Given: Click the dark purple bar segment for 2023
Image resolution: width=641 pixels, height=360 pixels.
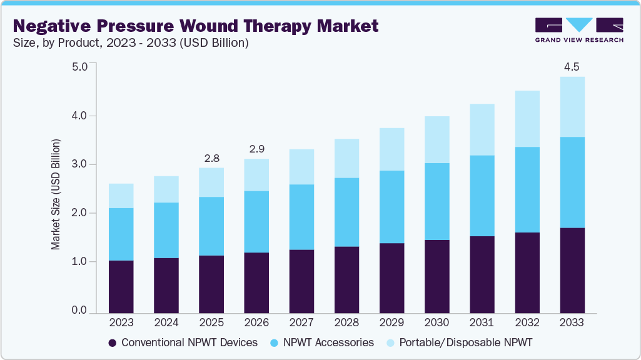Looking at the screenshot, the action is tap(121, 286).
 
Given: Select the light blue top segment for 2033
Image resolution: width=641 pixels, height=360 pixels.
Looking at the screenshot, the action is tap(572, 107).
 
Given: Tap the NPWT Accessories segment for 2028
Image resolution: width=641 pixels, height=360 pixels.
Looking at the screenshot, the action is tap(346, 212).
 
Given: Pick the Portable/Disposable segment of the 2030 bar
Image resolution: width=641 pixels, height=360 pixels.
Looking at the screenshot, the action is tap(437, 139).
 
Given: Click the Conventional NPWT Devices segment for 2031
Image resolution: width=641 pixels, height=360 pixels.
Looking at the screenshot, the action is tap(482, 274).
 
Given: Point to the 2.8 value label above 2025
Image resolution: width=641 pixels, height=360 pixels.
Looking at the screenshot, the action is tap(211, 158).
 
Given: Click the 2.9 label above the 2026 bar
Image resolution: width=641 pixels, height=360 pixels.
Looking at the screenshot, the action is tap(256, 149).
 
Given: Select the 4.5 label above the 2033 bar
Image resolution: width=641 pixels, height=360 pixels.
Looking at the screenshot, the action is tap(572, 66).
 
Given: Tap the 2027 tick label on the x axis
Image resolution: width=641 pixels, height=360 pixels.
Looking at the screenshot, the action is tap(301, 323).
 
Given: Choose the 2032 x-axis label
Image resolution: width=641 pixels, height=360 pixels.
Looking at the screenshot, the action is tap(527, 323).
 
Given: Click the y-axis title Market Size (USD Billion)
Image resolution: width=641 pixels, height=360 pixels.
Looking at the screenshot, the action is tap(56, 195).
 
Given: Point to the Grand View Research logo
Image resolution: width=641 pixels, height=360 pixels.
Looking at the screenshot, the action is tap(578, 30).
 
